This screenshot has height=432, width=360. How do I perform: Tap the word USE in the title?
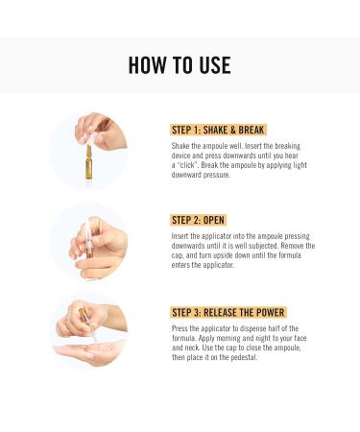tap(213, 65)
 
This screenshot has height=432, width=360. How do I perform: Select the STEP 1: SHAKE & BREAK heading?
tap(217, 130)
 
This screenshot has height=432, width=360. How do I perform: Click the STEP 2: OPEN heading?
tap(198, 220)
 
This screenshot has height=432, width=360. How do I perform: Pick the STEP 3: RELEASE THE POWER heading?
tap(228, 312)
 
